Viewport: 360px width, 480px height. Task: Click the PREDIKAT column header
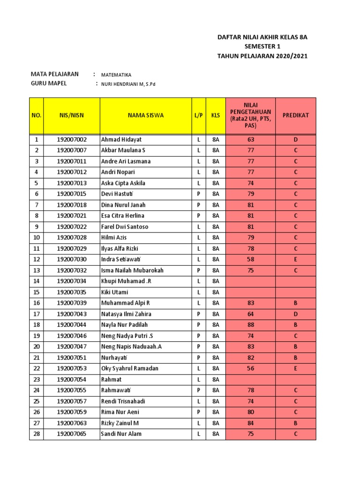point(295,115)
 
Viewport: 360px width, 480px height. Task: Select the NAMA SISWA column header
point(145,115)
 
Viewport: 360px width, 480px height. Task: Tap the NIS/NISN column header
point(71,115)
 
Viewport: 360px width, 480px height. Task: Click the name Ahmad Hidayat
point(121,140)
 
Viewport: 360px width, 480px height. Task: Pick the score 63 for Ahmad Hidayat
point(250,140)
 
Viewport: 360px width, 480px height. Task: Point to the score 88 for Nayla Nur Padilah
point(250,325)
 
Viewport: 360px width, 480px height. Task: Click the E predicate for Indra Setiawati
point(295,259)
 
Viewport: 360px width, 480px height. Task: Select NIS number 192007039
point(72,303)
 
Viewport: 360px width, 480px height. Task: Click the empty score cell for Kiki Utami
point(250,292)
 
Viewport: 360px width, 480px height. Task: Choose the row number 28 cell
point(36,434)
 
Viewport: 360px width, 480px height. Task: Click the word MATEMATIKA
point(116,75)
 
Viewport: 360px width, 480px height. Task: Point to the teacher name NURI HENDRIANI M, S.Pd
point(132,84)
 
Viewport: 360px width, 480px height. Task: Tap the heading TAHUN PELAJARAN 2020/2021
point(262,56)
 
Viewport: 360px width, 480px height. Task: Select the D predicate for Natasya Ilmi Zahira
point(295,314)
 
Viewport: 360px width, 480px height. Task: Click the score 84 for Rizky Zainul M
point(250,423)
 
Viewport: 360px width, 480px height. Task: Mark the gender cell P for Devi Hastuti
point(198,194)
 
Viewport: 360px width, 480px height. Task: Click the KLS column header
point(215,115)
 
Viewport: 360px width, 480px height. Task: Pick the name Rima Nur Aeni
point(121,412)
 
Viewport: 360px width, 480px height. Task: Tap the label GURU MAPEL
point(49,83)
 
